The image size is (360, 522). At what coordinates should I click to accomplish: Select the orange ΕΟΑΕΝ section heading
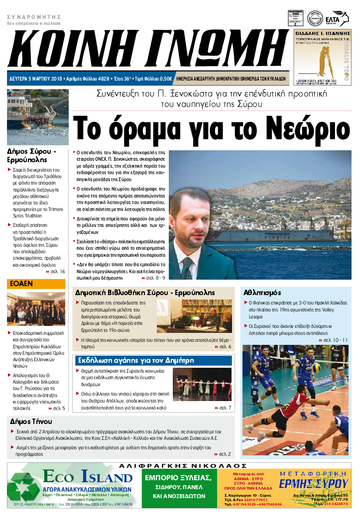[20, 284]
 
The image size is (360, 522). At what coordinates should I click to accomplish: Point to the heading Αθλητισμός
[262, 293]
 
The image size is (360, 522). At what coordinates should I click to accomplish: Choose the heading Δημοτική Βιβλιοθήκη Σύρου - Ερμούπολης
[144, 293]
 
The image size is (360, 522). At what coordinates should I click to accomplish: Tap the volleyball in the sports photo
[315, 367]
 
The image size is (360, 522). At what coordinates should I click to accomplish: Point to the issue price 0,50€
[165, 79]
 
